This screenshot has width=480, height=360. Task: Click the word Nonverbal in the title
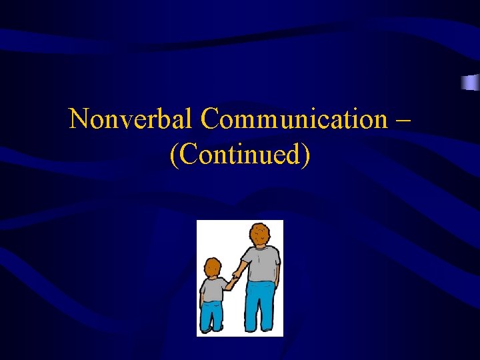point(131,119)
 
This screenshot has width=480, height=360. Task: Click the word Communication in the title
point(293,119)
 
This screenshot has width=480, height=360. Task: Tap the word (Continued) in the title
point(240,154)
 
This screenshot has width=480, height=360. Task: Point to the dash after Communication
point(403,121)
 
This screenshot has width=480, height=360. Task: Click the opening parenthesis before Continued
point(174,155)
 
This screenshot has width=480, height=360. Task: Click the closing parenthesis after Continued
point(306,155)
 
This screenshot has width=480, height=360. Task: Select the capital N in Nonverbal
point(78,119)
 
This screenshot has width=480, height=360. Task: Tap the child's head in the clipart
point(213,267)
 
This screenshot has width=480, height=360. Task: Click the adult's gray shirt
point(262,264)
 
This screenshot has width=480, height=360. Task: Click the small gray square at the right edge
point(470,82)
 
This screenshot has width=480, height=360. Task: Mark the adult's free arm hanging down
point(277,277)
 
